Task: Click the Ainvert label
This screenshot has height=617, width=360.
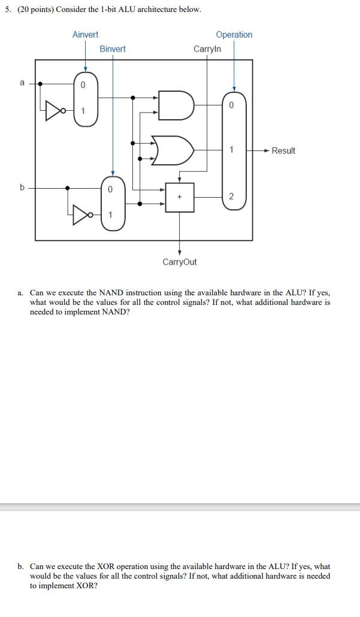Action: [85, 35]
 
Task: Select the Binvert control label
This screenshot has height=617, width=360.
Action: [113, 49]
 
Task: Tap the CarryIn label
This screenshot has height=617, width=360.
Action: [207, 49]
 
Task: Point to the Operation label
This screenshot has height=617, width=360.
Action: [234, 35]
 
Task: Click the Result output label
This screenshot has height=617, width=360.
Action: [283, 150]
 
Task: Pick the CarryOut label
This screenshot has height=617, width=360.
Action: [179, 262]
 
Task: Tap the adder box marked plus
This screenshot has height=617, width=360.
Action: [180, 196]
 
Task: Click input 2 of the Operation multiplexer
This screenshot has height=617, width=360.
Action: [232, 196]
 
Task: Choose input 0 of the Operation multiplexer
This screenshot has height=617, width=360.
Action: [232, 105]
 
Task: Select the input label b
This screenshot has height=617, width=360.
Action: [22, 187]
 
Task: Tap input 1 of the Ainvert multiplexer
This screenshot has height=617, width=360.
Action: [83, 110]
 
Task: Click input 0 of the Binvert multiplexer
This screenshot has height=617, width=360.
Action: [110, 189]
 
